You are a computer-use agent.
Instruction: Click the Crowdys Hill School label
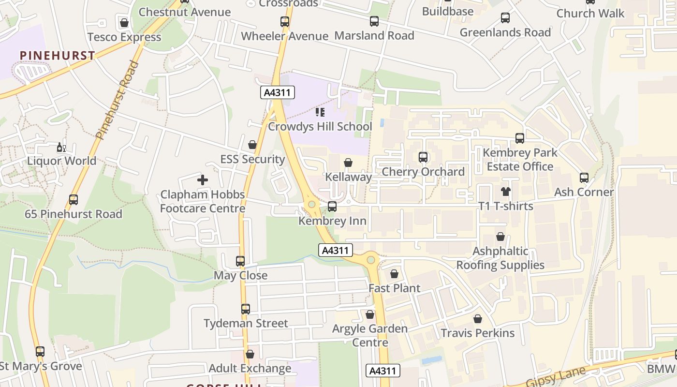pos(320,127)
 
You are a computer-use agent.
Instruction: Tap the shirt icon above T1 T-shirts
pos(506,192)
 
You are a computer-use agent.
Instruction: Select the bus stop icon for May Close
pos(240,261)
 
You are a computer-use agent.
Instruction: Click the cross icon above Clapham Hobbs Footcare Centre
pos(203,180)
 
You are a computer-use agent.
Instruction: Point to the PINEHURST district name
pos(58,56)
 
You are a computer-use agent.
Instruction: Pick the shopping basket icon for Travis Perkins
pos(478,319)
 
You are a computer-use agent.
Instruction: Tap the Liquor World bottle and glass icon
pos(61,147)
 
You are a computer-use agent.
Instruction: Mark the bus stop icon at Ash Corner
pos(584,178)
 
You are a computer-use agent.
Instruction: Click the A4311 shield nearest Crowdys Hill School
pos(278,92)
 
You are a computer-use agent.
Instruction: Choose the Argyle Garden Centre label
pos(370,335)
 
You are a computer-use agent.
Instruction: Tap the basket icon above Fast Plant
pos(395,274)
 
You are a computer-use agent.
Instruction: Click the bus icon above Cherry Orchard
pos(423,157)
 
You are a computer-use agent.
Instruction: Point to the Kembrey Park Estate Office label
pos(520,160)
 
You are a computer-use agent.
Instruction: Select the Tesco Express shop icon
pos(124,23)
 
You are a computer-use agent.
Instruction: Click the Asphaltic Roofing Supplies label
pos(500,258)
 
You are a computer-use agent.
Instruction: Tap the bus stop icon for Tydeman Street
pos(246,309)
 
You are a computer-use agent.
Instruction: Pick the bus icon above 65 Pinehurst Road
pos(74,200)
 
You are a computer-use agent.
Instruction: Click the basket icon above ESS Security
pos(252,145)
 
